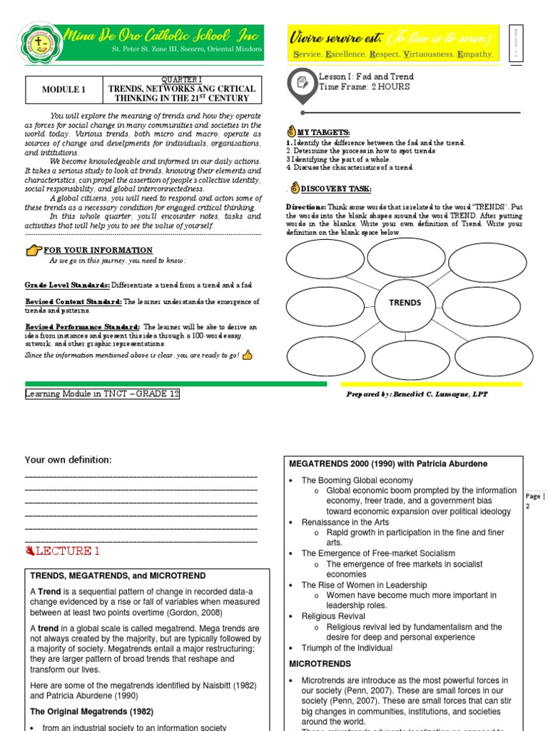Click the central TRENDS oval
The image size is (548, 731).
pos(405,303)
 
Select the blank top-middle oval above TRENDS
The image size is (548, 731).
pos(405,258)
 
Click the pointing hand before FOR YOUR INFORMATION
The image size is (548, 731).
pos(34,250)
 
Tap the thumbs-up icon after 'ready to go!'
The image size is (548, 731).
pos(248,355)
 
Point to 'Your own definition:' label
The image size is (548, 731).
pos(68,460)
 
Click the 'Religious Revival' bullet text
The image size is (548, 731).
pos(333,616)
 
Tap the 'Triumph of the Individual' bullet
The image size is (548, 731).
pos(347,648)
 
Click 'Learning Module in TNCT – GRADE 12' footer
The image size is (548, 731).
pos(103,394)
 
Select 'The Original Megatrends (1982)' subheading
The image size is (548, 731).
pos(91,712)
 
